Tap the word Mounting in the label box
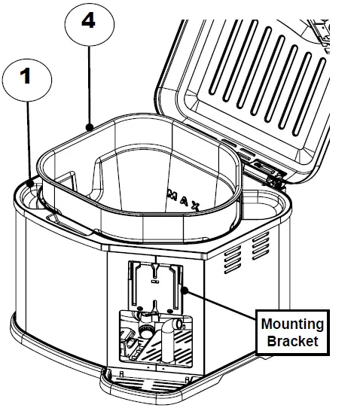(x=292, y=324)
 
